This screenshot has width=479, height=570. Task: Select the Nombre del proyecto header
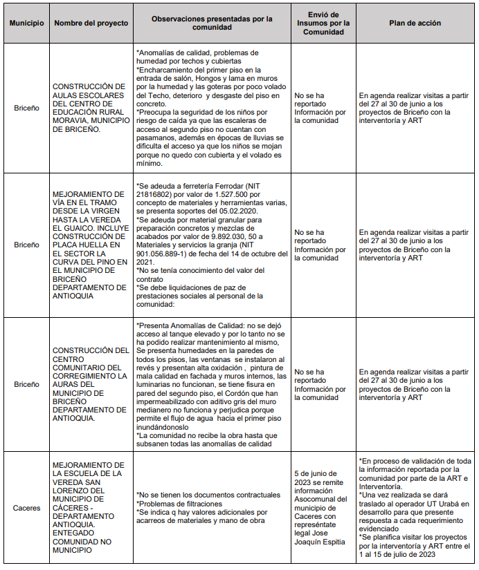click(x=91, y=23)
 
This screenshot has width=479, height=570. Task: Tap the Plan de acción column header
click(x=415, y=23)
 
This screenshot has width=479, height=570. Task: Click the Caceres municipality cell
click(x=26, y=508)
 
